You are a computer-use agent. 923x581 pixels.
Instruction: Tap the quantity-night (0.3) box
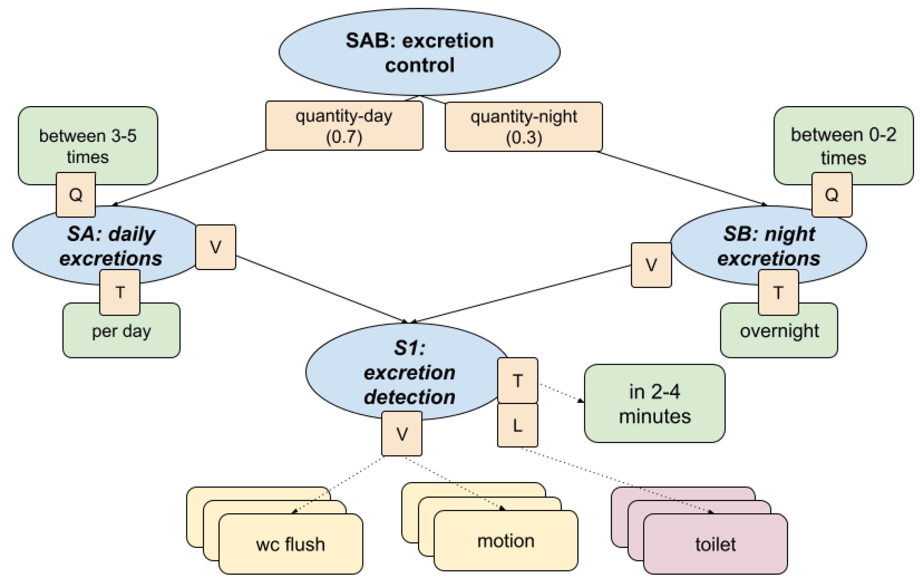click(x=524, y=127)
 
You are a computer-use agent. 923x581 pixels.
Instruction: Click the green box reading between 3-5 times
click(x=88, y=142)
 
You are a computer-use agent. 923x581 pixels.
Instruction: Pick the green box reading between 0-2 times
click(x=843, y=142)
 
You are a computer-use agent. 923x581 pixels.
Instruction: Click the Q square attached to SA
click(x=76, y=195)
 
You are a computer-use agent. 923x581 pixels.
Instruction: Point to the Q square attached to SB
click(x=832, y=195)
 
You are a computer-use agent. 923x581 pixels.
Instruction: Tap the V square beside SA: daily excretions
click(x=216, y=247)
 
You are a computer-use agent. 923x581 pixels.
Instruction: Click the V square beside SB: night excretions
click(x=651, y=265)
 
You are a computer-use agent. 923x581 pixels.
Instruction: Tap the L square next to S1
click(x=517, y=425)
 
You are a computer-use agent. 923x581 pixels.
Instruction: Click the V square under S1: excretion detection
click(x=402, y=434)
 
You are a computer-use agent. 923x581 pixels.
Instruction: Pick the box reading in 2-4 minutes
click(x=654, y=403)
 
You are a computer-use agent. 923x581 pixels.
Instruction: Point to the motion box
click(x=506, y=540)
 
